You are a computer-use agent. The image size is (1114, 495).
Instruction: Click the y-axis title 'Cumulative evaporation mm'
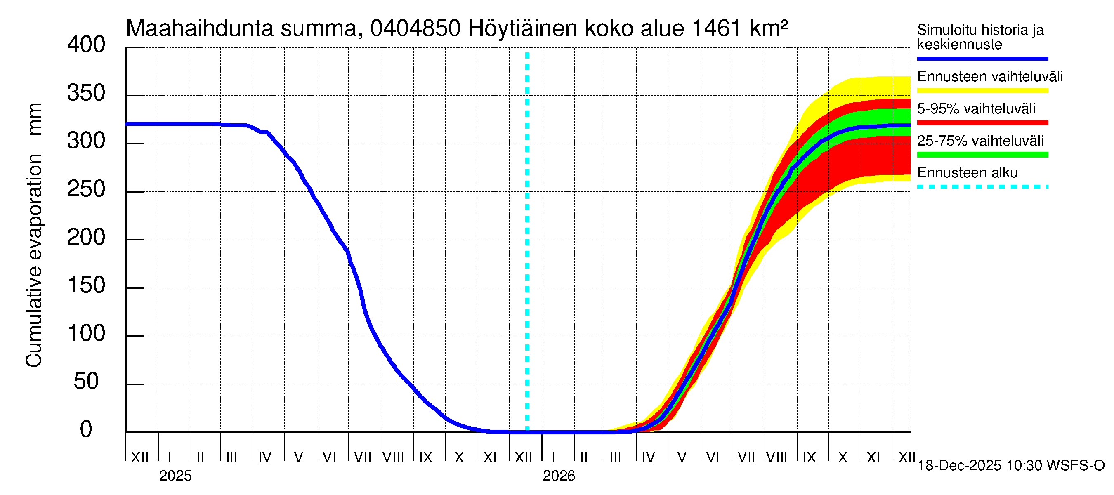click(34, 235)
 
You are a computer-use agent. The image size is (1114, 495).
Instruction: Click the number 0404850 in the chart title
click(415, 28)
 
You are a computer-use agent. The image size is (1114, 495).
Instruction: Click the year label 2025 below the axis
click(175, 476)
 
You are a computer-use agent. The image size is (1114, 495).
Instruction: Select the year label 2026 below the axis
click(559, 476)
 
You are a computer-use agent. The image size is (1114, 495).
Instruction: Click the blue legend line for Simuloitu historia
click(982, 58)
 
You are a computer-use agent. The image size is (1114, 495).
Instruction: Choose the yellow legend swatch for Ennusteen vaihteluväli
click(982, 91)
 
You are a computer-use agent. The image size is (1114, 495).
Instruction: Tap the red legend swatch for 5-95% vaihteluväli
click(982, 123)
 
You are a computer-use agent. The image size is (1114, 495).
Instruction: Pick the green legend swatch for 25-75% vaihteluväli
click(982, 155)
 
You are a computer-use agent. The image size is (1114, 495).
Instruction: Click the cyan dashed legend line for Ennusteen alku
click(982, 187)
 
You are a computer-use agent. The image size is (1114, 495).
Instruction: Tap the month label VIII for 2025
click(394, 457)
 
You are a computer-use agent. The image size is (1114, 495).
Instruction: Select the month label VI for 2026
click(713, 457)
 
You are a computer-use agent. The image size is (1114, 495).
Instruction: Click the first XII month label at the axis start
click(139, 457)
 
